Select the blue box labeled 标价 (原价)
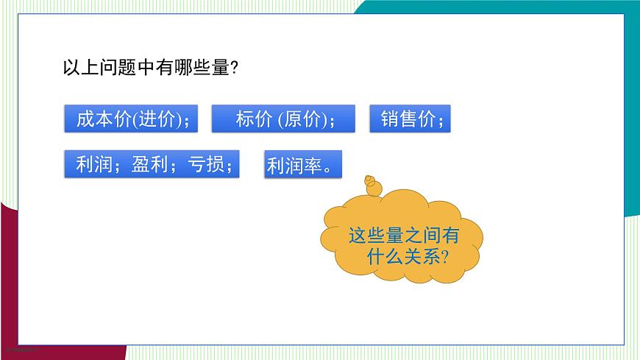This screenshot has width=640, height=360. tap(283, 119)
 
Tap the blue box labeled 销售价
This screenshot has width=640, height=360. tap(410, 119)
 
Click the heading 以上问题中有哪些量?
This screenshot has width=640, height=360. tap(150, 68)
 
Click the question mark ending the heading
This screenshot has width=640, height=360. tap(233, 68)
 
